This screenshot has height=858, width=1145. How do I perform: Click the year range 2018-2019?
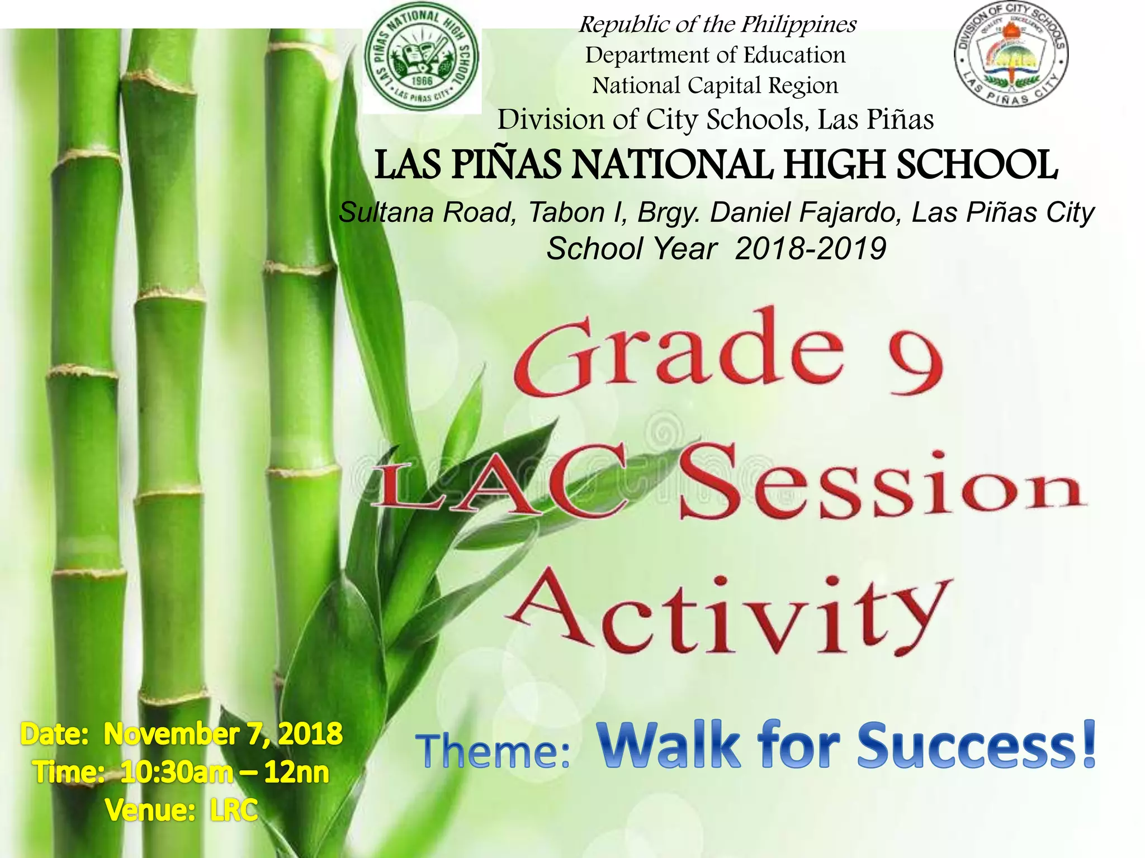click(811, 249)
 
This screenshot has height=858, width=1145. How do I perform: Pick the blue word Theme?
click(493, 751)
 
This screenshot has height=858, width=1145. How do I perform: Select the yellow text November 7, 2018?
click(223, 734)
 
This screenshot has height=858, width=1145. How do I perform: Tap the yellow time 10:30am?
click(177, 773)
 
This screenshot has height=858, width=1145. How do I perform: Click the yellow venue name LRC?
click(234, 810)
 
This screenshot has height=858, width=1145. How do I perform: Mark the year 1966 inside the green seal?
click(422, 80)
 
